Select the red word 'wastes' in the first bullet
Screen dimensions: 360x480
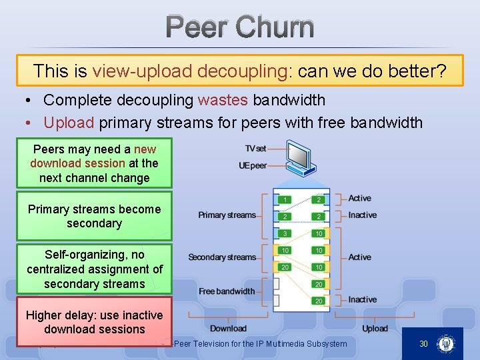click(x=223, y=101)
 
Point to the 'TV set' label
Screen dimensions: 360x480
click(x=255, y=149)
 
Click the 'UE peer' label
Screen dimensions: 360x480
click(x=253, y=165)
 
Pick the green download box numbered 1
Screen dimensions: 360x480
click(x=285, y=199)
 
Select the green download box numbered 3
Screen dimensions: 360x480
click(x=285, y=233)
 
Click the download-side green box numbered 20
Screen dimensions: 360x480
click(x=285, y=267)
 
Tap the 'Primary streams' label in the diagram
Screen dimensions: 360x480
click(x=227, y=215)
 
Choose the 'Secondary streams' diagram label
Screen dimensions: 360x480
click(x=222, y=257)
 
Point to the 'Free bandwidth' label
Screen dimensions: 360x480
click(x=227, y=291)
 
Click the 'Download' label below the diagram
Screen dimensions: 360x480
click(x=228, y=328)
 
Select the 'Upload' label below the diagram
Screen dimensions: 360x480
click(x=375, y=328)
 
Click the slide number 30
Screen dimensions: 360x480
click(x=423, y=343)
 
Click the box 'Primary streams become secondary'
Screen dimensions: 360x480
click(x=94, y=216)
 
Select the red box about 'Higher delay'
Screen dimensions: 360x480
click(x=94, y=322)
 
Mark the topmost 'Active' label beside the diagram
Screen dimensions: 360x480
click(x=359, y=199)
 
